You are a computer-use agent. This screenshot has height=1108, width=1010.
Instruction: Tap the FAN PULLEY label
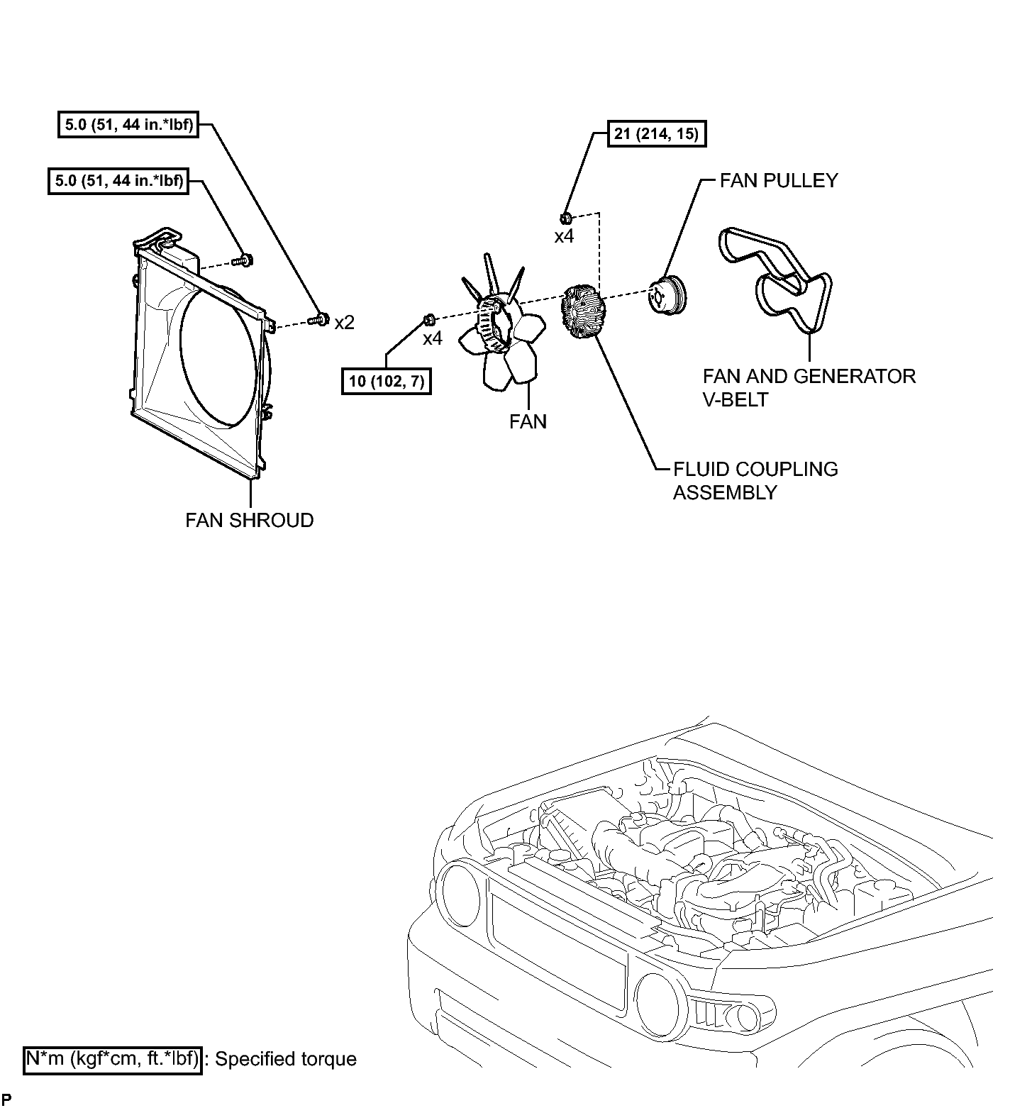click(x=778, y=181)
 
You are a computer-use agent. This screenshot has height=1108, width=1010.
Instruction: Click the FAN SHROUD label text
click(x=250, y=521)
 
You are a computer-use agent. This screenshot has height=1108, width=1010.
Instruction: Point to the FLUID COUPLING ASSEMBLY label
click(x=755, y=481)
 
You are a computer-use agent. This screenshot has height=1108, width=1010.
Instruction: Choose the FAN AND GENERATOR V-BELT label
click(x=809, y=387)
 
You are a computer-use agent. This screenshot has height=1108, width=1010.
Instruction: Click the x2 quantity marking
click(x=344, y=323)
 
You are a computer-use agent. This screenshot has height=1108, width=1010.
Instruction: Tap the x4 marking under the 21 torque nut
click(x=564, y=237)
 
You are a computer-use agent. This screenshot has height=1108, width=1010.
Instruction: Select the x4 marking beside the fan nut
click(x=433, y=339)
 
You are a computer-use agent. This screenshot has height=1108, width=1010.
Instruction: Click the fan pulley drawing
click(x=667, y=296)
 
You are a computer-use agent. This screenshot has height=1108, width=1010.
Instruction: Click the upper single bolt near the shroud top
click(x=243, y=260)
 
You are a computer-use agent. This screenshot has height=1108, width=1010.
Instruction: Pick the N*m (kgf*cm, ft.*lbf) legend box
click(x=113, y=1060)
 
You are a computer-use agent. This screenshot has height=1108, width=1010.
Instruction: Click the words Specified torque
click(x=286, y=1060)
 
